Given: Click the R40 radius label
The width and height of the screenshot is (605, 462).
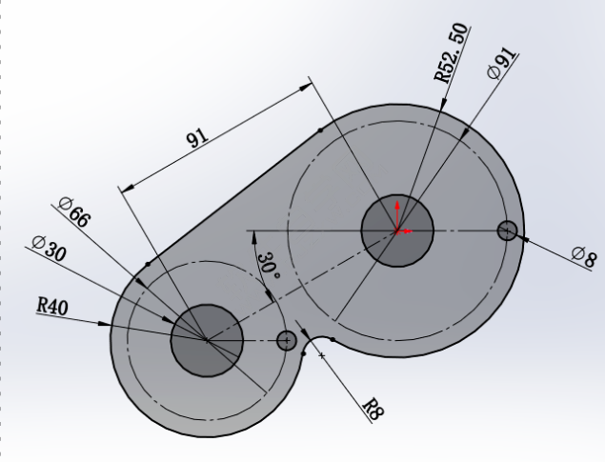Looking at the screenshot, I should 52,304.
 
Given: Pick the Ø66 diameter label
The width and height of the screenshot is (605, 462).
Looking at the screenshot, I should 73,211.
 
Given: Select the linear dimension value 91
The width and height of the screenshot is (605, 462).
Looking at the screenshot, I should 197,139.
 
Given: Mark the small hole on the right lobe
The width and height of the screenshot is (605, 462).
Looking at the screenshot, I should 507,230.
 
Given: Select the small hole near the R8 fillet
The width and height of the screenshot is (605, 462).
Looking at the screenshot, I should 286,340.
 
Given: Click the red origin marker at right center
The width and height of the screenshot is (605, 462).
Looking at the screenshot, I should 398,231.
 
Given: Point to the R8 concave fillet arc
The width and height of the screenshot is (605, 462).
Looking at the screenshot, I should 317,340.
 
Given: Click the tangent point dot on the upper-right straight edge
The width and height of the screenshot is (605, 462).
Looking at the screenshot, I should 319,128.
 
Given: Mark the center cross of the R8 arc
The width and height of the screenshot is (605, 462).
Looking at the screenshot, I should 322,355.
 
